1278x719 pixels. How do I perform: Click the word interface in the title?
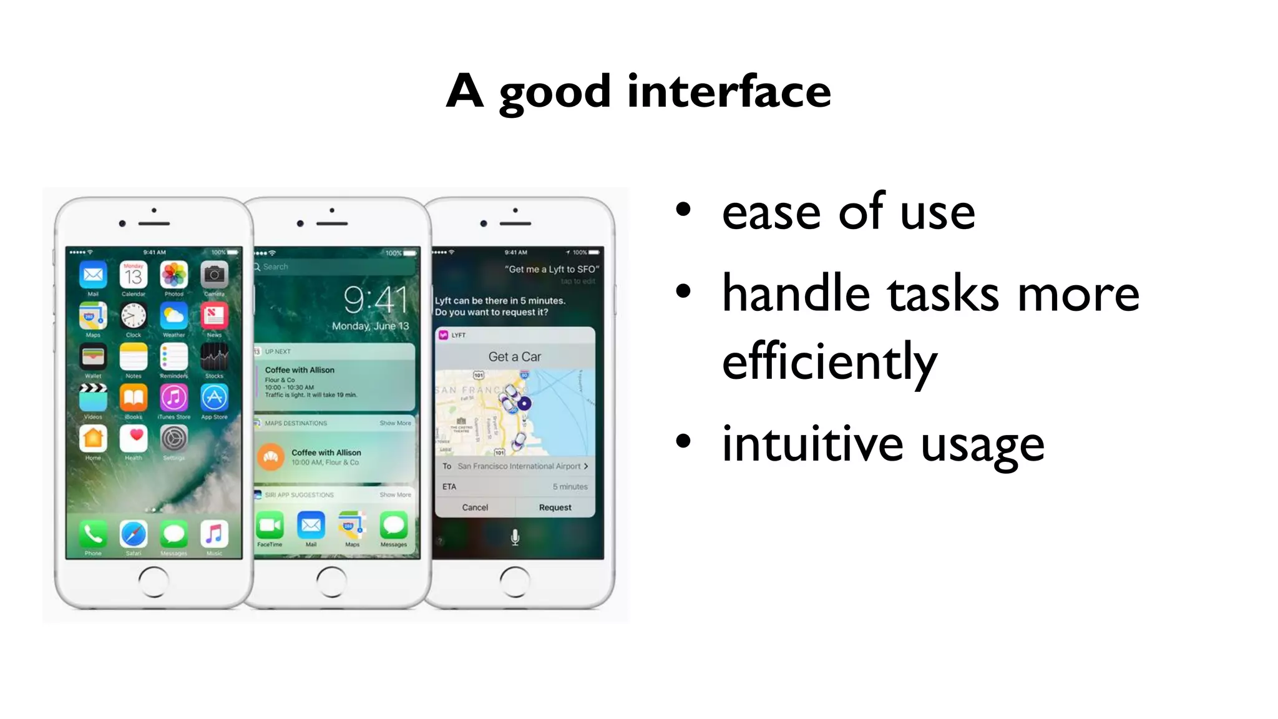click(729, 92)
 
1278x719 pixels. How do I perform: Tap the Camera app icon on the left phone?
click(214, 275)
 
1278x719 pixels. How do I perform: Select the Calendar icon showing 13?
click(134, 275)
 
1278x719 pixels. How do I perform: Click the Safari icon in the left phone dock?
click(134, 534)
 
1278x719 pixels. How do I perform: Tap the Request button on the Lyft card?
click(555, 507)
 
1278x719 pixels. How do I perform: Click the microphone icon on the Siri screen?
click(515, 537)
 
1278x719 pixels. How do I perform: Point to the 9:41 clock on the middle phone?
click(375, 300)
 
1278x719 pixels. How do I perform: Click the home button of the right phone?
click(515, 582)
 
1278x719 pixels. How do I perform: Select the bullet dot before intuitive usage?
click(684, 441)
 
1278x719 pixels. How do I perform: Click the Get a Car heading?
click(515, 356)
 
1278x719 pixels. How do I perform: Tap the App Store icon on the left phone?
click(214, 398)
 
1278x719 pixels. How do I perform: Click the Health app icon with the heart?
click(134, 439)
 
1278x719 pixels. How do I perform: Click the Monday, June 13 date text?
click(370, 326)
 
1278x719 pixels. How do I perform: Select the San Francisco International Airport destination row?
click(515, 466)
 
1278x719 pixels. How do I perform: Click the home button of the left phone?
click(154, 582)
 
